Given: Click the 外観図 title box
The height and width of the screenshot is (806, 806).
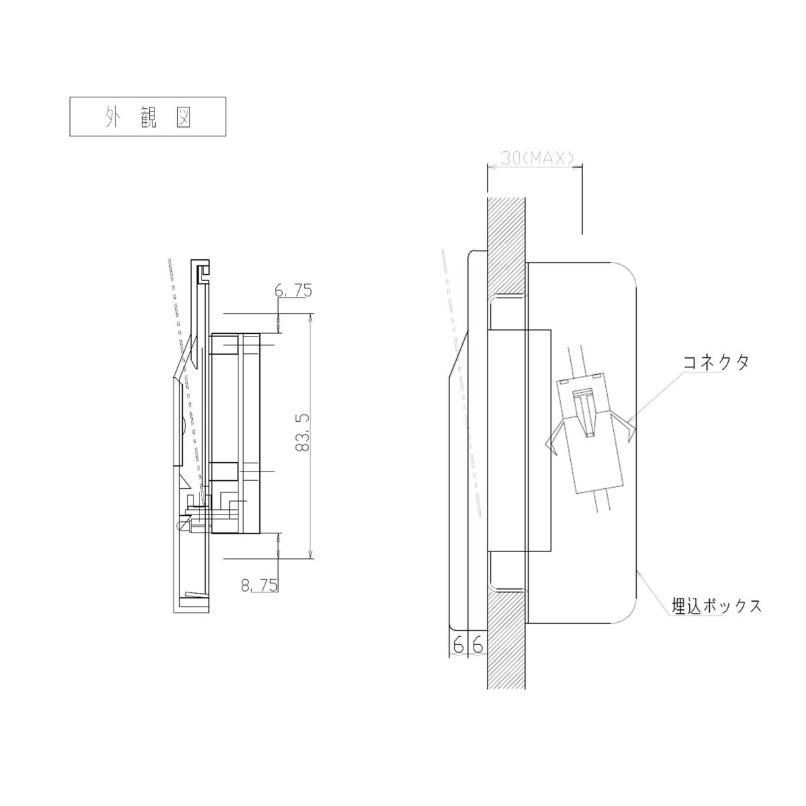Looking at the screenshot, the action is (x=148, y=116).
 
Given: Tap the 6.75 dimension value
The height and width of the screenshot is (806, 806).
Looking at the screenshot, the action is (x=294, y=290).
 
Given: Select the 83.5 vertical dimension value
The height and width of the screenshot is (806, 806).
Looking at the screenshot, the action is (x=302, y=433).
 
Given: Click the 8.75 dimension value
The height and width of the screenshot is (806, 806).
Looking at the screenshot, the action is (x=259, y=585).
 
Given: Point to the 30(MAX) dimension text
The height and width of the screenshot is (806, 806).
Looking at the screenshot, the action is (x=537, y=159).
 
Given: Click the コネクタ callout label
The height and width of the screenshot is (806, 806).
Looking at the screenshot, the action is (x=715, y=362).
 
